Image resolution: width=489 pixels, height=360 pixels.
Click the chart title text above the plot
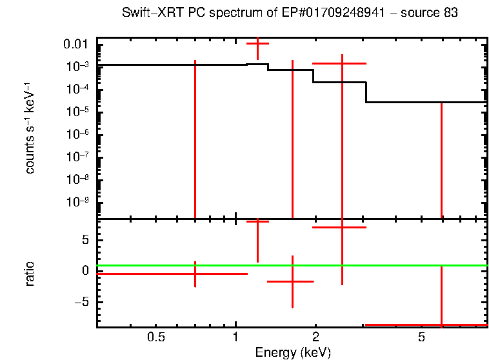(290, 14)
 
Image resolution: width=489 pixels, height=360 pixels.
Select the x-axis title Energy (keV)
(293, 352)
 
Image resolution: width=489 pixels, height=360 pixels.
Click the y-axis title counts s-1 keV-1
(30, 129)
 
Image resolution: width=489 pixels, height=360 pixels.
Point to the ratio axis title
(30, 274)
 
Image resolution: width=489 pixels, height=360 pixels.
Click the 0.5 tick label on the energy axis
(155, 337)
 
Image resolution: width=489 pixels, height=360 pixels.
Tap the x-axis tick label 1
(235, 337)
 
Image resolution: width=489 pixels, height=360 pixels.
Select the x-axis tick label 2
(315, 337)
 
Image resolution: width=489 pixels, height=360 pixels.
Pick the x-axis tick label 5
(421, 337)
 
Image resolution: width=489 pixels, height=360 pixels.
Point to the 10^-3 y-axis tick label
(77, 66)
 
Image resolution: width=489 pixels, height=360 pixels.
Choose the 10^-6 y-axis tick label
(77, 134)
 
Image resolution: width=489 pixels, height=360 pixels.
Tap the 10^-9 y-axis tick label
(77, 202)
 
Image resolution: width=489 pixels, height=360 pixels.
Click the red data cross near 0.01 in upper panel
(258, 43)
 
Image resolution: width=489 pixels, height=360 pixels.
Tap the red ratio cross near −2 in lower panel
(292, 281)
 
